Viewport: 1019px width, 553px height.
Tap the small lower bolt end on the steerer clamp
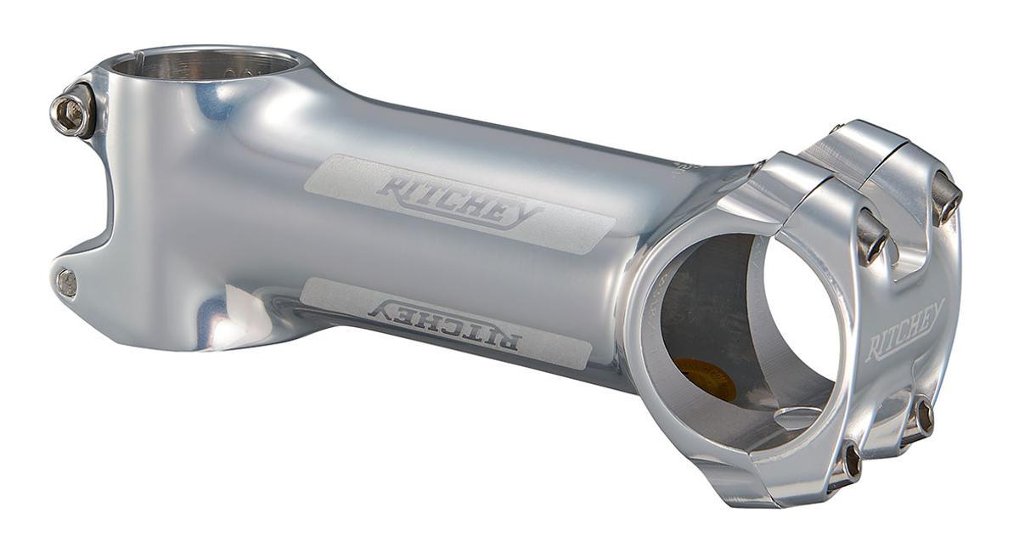click(x=65, y=283)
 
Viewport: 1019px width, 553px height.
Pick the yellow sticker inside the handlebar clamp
click(x=705, y=379)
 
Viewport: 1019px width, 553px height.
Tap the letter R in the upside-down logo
click(x=505, y=341)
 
